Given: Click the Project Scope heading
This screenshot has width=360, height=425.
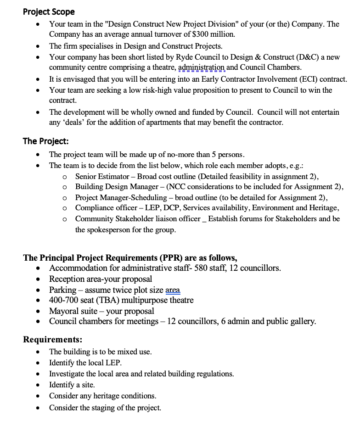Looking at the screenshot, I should pos(49,12).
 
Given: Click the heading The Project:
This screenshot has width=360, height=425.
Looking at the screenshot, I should pos(45,141).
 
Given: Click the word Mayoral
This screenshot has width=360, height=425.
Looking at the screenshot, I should pos(64,311).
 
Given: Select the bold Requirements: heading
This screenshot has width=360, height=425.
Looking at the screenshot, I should pos(53,340).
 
